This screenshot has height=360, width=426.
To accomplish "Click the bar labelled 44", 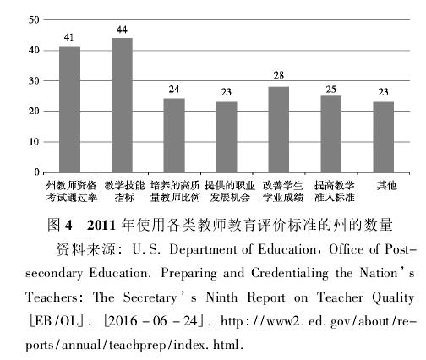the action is [122, 105].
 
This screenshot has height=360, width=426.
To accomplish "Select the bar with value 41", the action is [69, 110].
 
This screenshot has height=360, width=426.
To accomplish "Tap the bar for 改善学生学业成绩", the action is [279, 129].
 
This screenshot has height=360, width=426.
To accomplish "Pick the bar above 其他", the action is [384, 137].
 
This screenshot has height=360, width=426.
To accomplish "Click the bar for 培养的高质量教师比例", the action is [174, 135].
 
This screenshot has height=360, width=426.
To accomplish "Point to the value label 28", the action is [279, 75].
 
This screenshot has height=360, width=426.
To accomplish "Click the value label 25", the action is [331, 90].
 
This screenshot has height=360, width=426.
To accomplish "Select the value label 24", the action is [174, 90].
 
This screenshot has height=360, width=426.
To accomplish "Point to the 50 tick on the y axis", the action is [34, 19].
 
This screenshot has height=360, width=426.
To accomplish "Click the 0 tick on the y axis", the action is [36, 172].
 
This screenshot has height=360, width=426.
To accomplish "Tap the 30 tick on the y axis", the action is [34, 81].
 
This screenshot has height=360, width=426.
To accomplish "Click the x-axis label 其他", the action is [386, 185].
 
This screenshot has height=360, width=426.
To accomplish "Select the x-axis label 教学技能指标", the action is [124, 191].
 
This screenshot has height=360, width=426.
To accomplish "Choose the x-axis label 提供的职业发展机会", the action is [230, 191].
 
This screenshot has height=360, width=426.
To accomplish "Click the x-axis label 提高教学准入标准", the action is [335, 191].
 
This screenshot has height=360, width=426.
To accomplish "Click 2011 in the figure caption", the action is [101, 226].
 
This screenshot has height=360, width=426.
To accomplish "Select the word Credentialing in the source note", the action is [290, 274].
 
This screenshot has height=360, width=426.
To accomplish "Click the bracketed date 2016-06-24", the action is [153, 321].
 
